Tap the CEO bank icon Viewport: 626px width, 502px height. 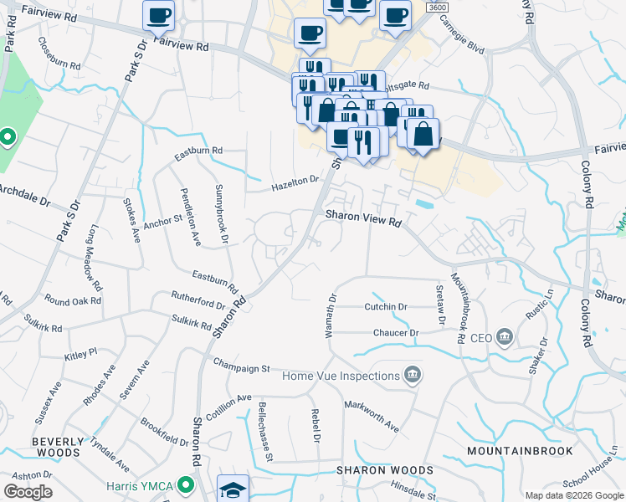505,338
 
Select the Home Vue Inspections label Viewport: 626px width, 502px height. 340,376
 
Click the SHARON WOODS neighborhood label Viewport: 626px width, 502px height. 385,470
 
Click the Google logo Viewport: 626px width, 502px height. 28,492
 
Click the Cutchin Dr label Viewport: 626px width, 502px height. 386,307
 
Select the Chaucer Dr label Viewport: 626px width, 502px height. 397,333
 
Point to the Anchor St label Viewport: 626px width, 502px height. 162,221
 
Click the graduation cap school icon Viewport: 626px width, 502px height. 233,489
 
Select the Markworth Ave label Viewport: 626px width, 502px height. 372,415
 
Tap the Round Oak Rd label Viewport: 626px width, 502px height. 74,300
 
